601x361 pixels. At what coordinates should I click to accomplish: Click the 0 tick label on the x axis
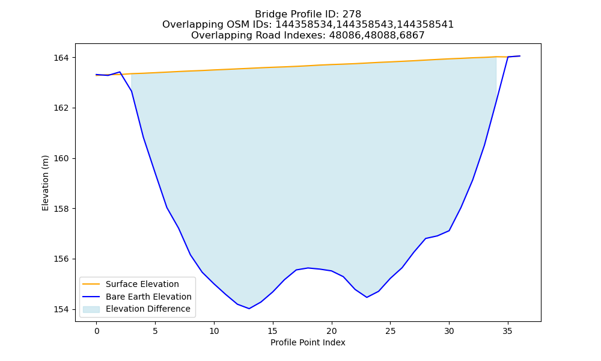click(x=97, y=331)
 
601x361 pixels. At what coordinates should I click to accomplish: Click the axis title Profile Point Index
click(x=308, y=342)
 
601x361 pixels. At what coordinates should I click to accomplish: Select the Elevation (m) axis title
click(x=45, y=183)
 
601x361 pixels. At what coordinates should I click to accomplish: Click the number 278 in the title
click(x=352, y=14)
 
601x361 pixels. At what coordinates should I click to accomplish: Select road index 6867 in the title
click(x=412, y=35)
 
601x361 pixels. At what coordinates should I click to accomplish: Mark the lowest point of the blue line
click(x=249, y=309)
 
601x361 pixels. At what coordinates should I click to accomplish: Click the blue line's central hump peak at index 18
click(x=308, y=268)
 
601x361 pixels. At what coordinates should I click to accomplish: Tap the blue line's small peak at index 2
click(x=120, y=72)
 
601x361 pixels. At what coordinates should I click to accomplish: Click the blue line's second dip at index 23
click(x=367, y=297)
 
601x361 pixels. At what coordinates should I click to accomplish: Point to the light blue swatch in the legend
click(x=91, y=309)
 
